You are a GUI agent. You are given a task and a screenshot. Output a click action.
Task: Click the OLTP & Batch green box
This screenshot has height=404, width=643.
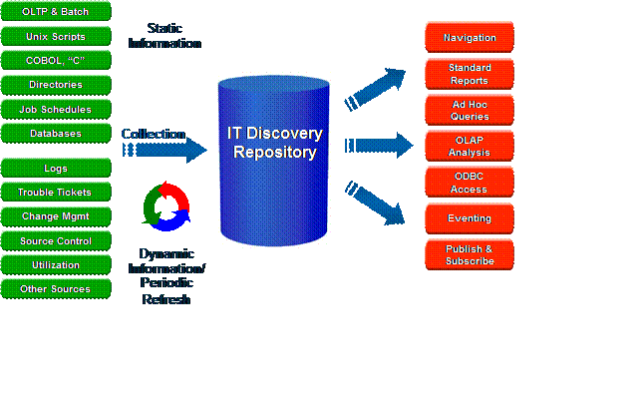coord(55,12)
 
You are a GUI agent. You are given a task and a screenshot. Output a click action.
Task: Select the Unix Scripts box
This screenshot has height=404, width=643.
coord(55,36)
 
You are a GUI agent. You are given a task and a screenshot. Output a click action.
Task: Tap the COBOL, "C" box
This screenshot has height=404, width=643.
coord(55,60)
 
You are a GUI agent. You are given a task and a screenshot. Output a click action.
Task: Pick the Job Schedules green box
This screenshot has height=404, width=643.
coord(55,109)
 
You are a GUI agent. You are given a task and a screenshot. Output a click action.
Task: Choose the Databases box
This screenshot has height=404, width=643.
coord(55,133)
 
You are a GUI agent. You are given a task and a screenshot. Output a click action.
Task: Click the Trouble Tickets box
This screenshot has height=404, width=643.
coord(55,192)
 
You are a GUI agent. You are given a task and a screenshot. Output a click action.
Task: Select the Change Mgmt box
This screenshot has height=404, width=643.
coord(55,215)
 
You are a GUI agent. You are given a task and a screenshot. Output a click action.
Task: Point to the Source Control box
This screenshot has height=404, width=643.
coord(55,240)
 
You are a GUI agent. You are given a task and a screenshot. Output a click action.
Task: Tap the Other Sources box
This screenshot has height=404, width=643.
coord(55,289)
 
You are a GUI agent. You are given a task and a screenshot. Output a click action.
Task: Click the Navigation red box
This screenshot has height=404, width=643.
coord(470,38)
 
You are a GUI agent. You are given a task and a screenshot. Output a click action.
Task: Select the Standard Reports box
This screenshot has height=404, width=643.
coord(470,74)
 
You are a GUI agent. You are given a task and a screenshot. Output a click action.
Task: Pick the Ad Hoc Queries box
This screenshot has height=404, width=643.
coord(470,110)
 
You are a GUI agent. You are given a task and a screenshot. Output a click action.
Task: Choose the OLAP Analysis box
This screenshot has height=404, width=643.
coord(470,146)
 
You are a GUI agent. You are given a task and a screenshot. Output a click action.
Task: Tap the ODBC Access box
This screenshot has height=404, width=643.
coord(470,183)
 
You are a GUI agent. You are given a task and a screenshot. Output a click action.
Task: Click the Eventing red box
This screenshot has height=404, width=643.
coord(470,218)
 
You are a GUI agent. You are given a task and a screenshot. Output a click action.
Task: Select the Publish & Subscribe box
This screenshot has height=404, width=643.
coord(470,254)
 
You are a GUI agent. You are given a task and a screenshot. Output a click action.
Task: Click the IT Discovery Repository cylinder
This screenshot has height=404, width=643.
coord(274,160)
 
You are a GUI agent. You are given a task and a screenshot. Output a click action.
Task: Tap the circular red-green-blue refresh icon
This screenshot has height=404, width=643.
coord(166,204)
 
